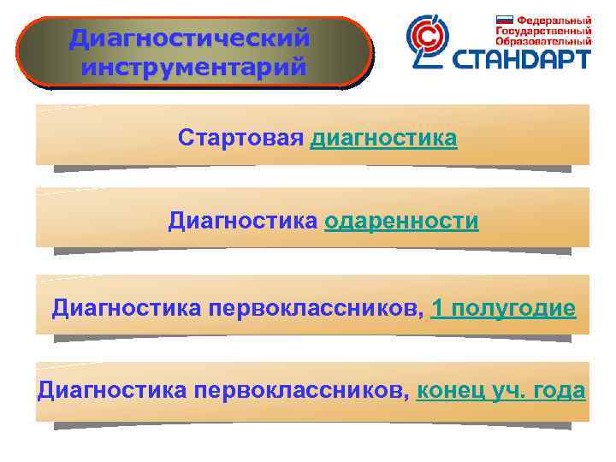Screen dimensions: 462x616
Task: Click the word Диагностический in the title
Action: (x=189, y=38)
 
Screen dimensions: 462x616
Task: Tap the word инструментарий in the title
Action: (x=194, y=66)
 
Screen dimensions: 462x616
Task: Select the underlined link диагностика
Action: (x=383, y=139)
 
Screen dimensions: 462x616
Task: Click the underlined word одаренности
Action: (x=401, y=222)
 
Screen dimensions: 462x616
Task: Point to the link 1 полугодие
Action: (x=504, y=308)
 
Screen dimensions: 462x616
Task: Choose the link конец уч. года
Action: (x=500, y=391)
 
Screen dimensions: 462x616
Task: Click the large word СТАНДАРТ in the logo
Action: (x=521, y=59)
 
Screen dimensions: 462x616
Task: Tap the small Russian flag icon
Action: (x=504, y=20)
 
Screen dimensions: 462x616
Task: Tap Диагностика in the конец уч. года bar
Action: (x=112, y=391)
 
